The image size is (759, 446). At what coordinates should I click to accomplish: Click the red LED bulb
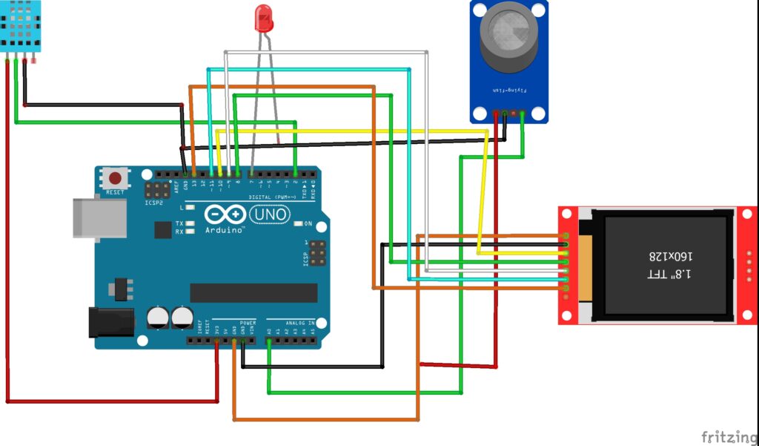click(263, 18)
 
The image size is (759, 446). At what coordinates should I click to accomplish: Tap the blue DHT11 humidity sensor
click(21, 27)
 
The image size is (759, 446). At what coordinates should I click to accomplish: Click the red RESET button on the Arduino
click(115, 178)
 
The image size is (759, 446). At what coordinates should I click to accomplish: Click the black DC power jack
click(109, 322)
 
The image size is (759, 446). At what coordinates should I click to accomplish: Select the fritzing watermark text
click(728, 436)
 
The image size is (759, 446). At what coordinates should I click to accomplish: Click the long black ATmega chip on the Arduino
click(253, 292)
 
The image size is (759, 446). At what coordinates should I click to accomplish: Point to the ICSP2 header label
click(154, 202)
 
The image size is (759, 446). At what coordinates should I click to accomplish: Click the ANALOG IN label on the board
click(300, 324)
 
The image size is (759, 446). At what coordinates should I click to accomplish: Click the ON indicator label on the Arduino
click(308, 223)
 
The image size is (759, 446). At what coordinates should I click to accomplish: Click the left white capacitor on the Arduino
click(157, 318)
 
